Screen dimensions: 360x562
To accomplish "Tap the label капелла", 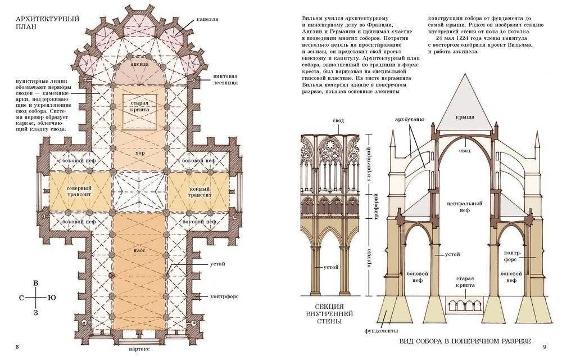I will (208, 19).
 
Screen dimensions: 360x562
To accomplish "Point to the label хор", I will (139, 152).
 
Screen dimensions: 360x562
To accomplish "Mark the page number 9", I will (544, 345).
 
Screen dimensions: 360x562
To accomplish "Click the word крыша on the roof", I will (465, 116).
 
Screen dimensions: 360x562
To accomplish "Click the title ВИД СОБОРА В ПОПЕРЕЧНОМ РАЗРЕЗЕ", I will (464, 341).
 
